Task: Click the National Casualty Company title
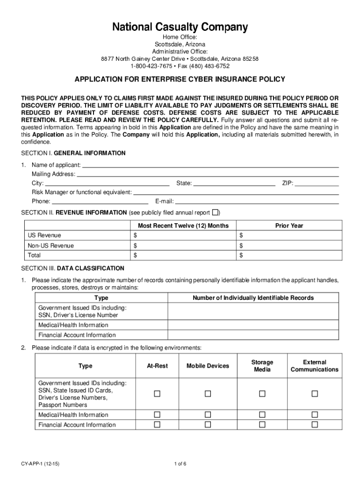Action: (180, 28)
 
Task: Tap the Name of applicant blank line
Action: (210, 165)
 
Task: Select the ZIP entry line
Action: (317, 183)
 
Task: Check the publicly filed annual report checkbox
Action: (215, 212)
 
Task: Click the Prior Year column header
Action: (289, 225)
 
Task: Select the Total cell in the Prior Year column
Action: (289, 255)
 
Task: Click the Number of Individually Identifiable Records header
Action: (253, 298)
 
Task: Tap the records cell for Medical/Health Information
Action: (253, 325)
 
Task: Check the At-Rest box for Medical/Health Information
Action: (157, 414)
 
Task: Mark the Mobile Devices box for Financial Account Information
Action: (208, 425)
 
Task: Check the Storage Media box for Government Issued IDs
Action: (262, 394)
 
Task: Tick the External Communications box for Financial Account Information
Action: (315, 425)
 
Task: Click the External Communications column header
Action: (315, 366)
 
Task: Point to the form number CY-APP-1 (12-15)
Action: (40, 464)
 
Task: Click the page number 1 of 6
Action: (180, 464)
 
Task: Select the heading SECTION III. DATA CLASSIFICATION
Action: (73, 269)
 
